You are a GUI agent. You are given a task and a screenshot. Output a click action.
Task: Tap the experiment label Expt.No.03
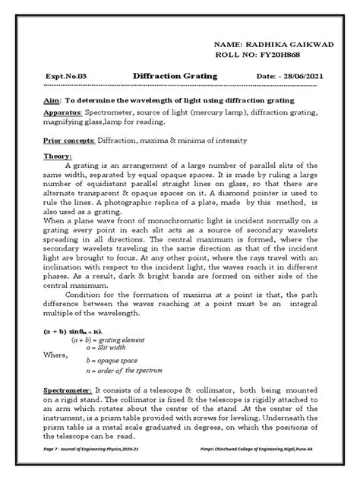point(64,77)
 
